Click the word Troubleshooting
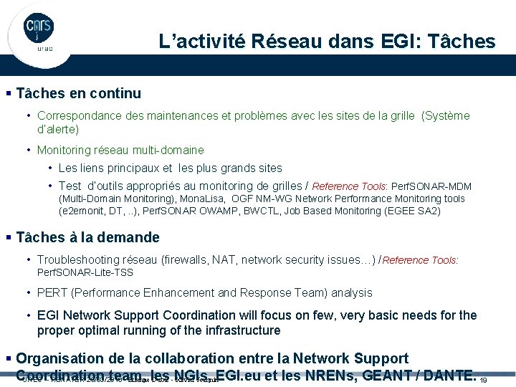[80, 260]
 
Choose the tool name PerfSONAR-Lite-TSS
[85, 273]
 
